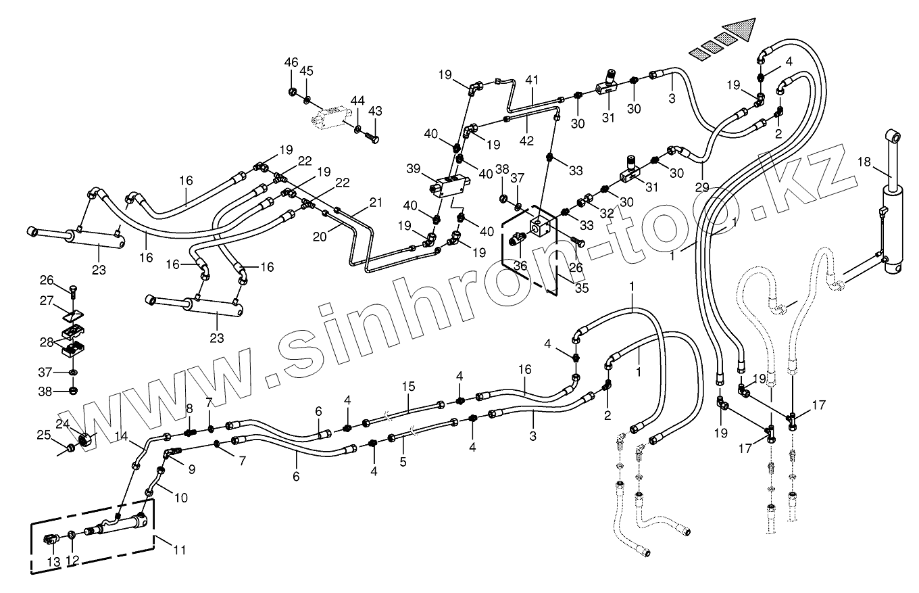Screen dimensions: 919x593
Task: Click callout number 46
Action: pos(291,62)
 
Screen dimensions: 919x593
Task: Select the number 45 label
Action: pos(307,71)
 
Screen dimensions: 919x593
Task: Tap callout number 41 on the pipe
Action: pos(532,80)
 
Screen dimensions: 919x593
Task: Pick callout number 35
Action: pos(582,287)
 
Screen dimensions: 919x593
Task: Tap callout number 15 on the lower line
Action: pos(407,386)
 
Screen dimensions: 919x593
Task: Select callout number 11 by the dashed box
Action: pos(179,550)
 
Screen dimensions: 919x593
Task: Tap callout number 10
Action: pos(180,498)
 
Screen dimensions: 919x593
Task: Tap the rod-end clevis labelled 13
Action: pos(51,539)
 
